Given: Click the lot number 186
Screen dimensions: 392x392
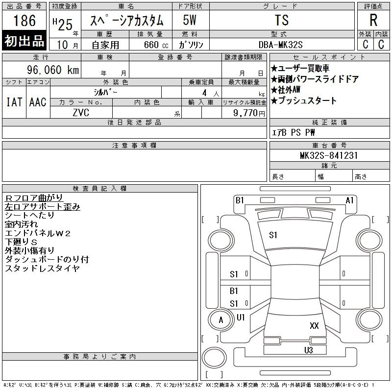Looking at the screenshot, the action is [x=24, y=21].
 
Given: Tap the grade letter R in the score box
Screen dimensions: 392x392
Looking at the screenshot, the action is [x=373, y=21].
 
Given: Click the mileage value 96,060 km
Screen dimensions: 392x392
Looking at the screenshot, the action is [x=53, y=70].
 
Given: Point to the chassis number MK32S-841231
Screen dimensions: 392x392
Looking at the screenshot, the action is [x=329, y=155].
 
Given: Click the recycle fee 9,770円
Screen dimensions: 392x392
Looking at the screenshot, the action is [x=250, y=113].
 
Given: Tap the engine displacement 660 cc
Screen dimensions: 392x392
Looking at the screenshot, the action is [x=149, y=45].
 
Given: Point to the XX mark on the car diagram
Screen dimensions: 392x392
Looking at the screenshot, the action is [x=314, y=325].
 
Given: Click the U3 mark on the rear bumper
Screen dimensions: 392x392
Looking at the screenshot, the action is [x=308, y=350].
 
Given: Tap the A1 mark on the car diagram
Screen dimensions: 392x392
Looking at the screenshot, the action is [x=349, y=200].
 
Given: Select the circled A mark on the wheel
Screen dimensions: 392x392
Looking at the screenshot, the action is [x=220, y=320].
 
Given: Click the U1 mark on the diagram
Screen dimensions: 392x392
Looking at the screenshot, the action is [x=241, y=318].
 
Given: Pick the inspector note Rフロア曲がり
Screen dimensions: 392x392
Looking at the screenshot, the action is [x=34, y=197].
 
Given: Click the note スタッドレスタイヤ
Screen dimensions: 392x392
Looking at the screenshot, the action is [x=42, y=269].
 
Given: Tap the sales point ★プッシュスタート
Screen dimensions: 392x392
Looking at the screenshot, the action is [x=304, y=101].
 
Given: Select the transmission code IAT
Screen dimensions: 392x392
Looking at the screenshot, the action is [x=14, y=102].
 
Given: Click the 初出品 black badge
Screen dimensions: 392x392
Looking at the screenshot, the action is [x=24, y=41].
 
